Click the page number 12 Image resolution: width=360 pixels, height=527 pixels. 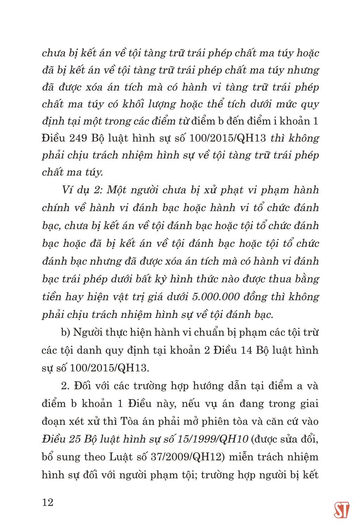48,502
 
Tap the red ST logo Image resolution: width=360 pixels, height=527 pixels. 341,509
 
